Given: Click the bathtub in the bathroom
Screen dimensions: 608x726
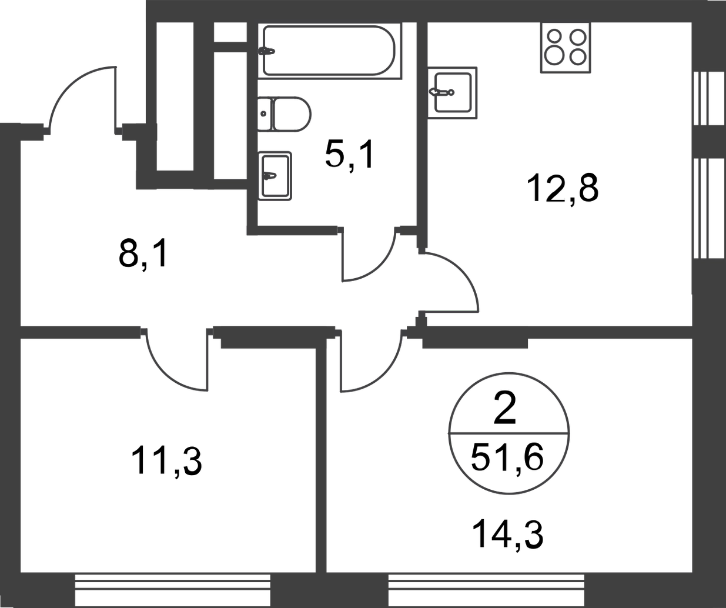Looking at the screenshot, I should pyautogui.click(x=329, y=50).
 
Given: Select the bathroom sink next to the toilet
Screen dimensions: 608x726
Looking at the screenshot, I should pyautogui.click(x=276, y=175).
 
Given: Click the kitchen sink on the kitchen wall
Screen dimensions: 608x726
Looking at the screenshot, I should pyautogui.click(x=454, y=92).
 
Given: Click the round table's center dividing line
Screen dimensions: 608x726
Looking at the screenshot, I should pyautogui.click(x=509, y=435).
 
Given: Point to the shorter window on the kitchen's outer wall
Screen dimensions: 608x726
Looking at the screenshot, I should pyautogui.click(x=708, y=98).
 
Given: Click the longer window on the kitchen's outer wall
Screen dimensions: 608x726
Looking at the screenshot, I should pyautogui.click(x=708, y=207).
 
